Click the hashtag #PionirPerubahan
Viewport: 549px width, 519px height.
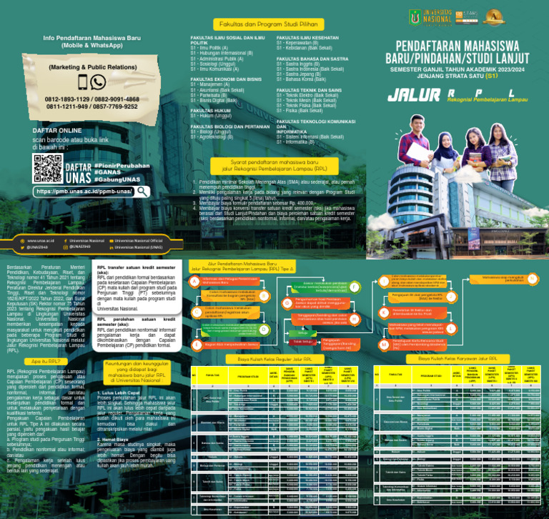(123, 165)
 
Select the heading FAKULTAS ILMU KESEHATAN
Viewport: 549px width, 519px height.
(307, 36)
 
